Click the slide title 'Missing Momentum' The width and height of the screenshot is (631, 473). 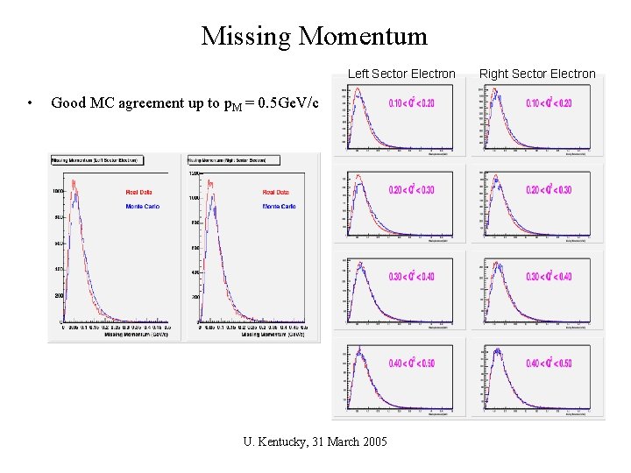tap(315, 36)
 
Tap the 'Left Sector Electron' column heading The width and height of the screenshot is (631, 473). tap(401, 74)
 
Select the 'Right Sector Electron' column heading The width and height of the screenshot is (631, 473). tap(537, 74)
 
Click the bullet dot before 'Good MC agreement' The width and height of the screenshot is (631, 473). tap(31, 103)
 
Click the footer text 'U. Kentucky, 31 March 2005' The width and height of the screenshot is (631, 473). tap(315, 441)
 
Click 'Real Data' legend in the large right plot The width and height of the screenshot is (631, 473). tap(276, 192)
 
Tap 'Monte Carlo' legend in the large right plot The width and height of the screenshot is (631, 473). tap(279, 206)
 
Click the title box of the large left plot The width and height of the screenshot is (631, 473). tap(98, 160)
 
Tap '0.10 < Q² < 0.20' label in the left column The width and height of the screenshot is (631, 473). tap(411, 103)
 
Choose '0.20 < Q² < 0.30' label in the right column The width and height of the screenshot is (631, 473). tap(549, 190)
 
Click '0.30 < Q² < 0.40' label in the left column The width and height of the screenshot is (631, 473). tap(411, 277)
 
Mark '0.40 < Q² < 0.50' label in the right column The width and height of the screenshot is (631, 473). tap(549, 364)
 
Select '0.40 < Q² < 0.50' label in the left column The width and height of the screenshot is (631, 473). tap(411, 364)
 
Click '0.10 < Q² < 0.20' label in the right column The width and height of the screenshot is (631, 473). tap(549, 103)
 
